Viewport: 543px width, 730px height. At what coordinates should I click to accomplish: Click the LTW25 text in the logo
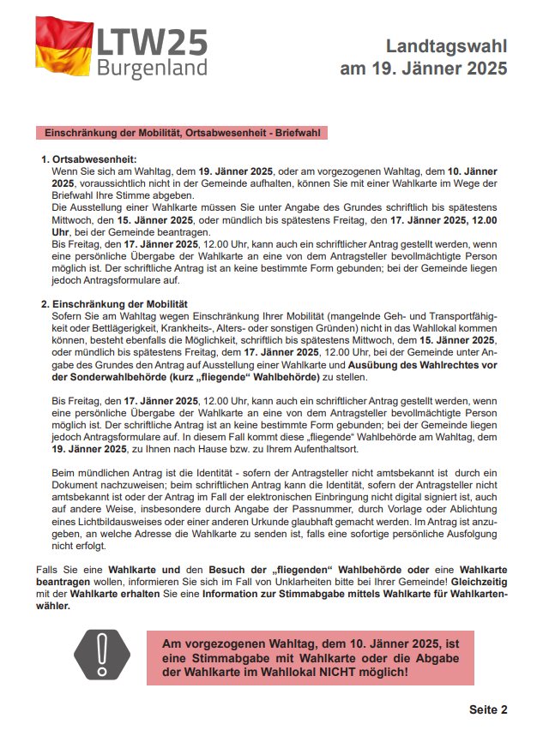tap(153, 41)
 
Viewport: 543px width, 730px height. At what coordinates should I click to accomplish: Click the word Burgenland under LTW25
tap(152, 69)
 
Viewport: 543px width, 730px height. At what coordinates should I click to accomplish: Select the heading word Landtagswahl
tap(446, 46)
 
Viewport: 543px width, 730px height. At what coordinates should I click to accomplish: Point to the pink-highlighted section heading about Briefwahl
tap(181, 134)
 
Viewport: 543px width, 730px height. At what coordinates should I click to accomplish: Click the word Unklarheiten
tap(337, 581)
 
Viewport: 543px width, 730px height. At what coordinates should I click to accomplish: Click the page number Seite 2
tap(488, 709)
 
